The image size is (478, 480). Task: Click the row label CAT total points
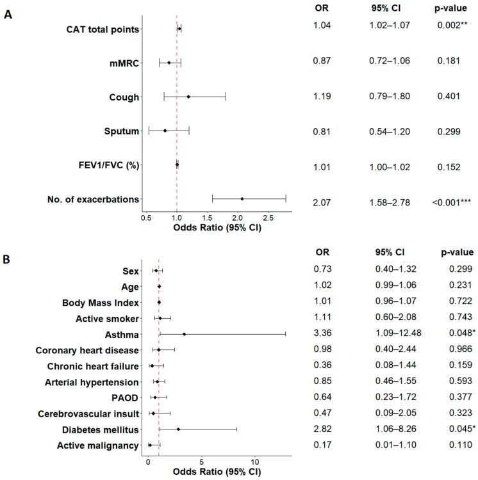(103, 29)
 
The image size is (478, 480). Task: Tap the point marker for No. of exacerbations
(242, 199)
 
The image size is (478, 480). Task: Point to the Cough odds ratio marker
(188, 97)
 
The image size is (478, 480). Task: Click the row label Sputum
(122, 131)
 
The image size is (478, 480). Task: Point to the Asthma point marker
(185, 334)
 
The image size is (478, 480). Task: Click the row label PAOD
(125, 397)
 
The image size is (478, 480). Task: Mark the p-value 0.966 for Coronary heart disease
(456, 350)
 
